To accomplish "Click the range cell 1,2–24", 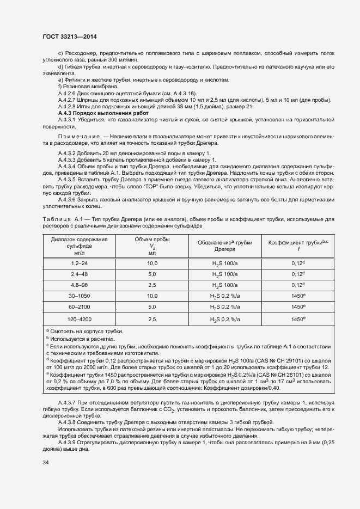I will click(x=79, y=263).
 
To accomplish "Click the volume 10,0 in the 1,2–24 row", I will click(x=152, y=263).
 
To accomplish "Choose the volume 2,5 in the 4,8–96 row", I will click(x=152, y=285).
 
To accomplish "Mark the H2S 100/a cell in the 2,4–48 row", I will click(x=224, y=274).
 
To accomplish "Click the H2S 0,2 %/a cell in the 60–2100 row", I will click(x=224, y=307).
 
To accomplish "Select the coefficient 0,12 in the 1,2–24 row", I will click(x=297, y=263).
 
